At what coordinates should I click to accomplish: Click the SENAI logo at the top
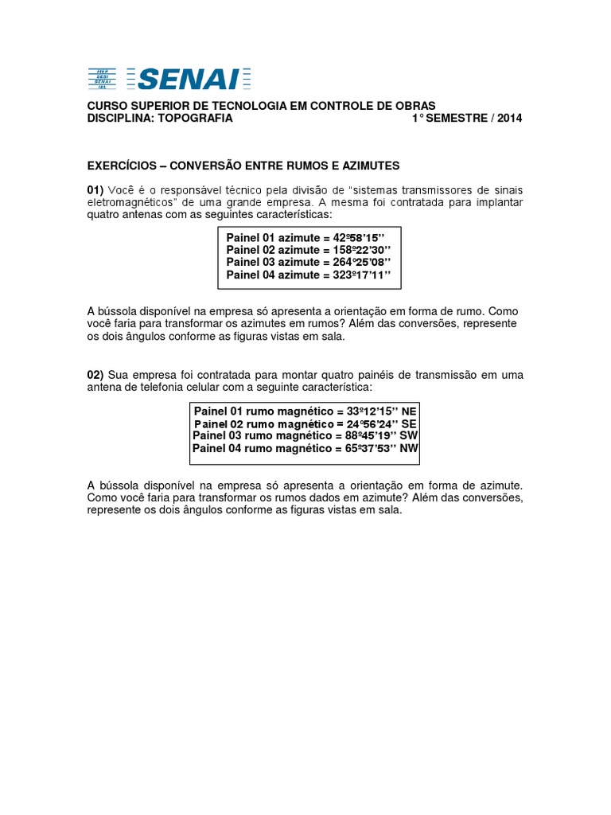tap(169, 78)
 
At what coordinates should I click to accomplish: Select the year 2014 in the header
tap(508, 119)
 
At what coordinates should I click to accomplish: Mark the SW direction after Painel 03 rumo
tap(410, 436)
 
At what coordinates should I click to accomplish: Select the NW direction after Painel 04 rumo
tap(410, 449)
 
